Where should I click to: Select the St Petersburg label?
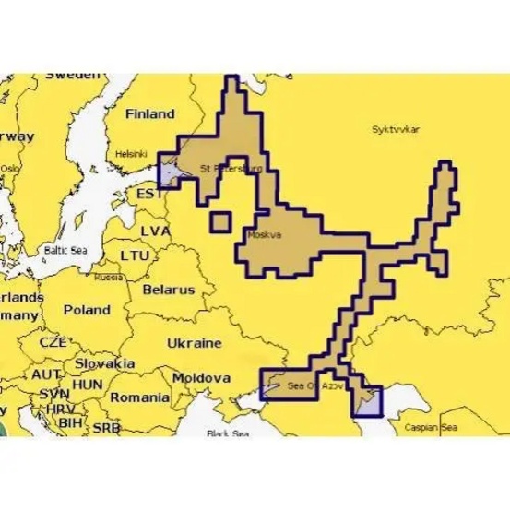click(x=231, y=170)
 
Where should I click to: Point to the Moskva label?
click(x=265, y=235)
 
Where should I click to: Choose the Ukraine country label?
click(x=195, y=342)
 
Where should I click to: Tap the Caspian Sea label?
click(x=434, y=428)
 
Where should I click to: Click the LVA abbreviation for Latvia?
click(x=154, y=229)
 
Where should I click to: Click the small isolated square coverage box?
click(x=219, y=222)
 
